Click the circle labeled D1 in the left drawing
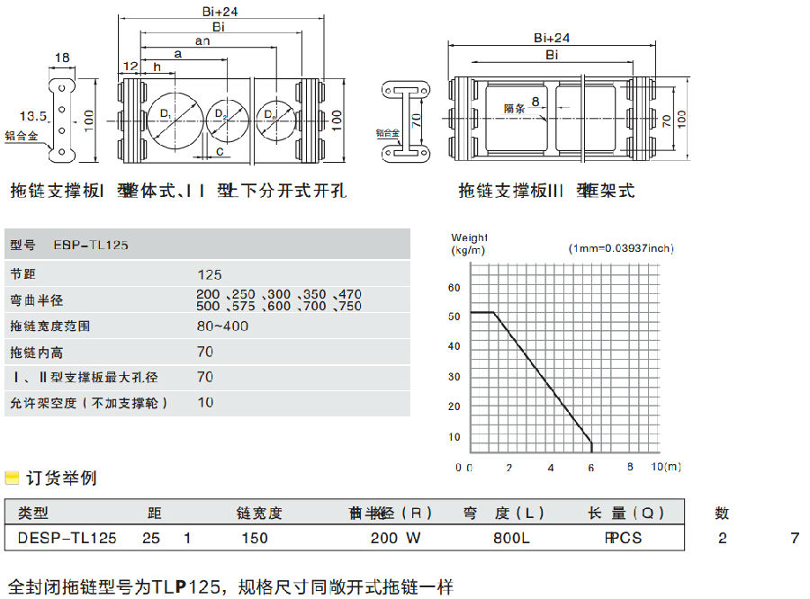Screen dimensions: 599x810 point(175,118)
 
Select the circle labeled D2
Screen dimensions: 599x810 point(227,118)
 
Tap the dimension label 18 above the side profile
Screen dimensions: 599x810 point(62,58)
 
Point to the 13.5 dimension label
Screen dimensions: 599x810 point(33,116)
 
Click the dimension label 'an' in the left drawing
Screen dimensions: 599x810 point(202,40)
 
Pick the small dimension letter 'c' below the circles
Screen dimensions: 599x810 point(221,151)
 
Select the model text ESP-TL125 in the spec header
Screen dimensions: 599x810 point(90,245)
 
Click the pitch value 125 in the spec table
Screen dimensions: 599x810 point(209,274)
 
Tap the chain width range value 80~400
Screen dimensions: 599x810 point(223,326)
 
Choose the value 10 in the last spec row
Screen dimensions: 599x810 point(205,402)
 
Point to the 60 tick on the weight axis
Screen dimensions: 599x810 point(454,287)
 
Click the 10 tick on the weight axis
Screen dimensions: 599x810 point(454,437)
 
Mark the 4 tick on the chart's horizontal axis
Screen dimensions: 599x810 point(550,468)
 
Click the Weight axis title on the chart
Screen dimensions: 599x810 point(469,237)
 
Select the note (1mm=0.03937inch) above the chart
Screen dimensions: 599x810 point(621,248)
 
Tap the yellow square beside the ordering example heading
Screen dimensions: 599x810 point(12,478)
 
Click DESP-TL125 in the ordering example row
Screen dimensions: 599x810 point(67,539)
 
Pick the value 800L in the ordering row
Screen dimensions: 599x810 point(511,539)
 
